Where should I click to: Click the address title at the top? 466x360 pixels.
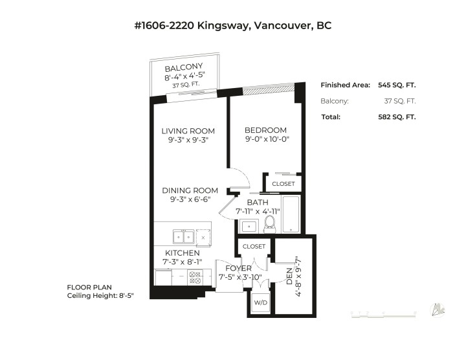233,26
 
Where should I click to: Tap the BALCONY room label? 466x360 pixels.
184,67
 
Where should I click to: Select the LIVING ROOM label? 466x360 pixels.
188,131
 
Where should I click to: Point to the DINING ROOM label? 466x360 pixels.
190,190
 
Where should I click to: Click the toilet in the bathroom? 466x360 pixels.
271,223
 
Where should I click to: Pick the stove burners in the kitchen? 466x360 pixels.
195,277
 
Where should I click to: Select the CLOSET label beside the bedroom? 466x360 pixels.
283,184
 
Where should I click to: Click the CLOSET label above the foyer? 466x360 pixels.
254,247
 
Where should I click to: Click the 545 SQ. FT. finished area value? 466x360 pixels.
397,85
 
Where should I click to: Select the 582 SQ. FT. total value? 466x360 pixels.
397,117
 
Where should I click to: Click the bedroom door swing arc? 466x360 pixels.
240,176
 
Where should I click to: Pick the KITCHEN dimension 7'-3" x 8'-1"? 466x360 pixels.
182,262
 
